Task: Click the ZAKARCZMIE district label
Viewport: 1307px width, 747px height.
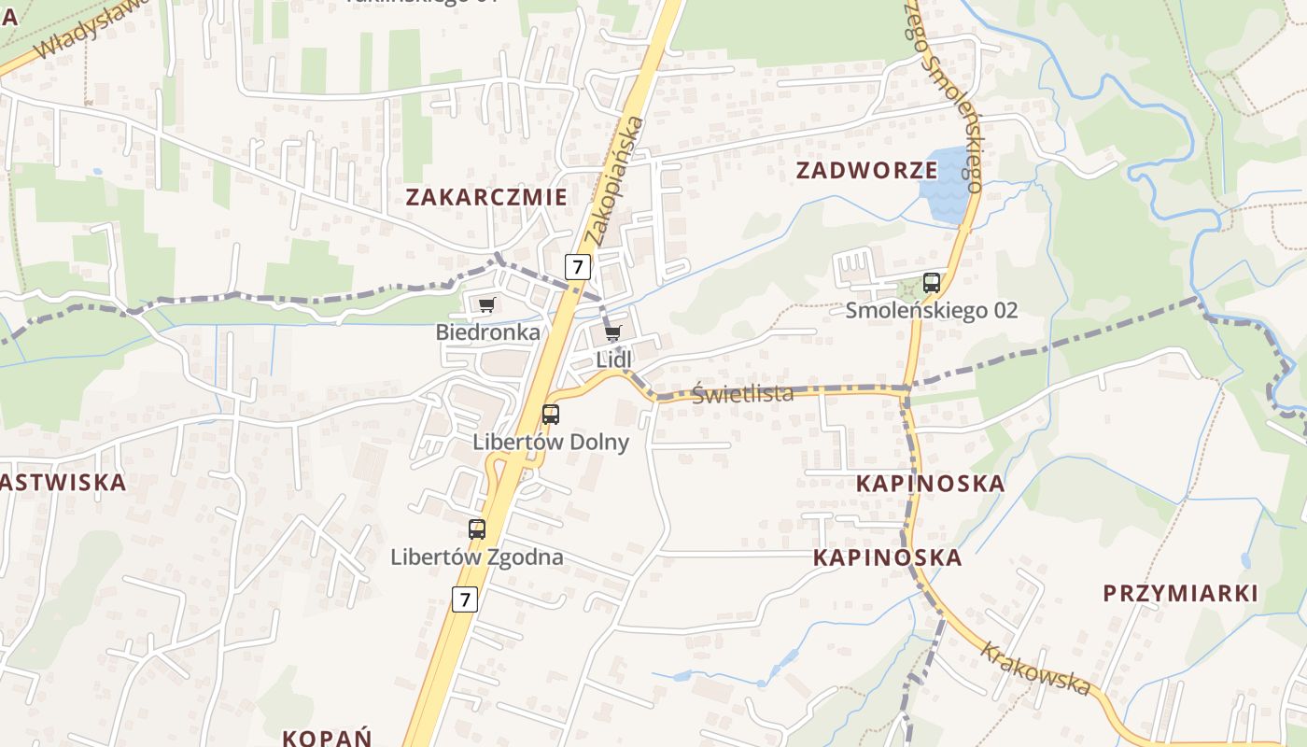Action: tap(485, 197)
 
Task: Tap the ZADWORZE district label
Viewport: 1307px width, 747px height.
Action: tap(866, 170)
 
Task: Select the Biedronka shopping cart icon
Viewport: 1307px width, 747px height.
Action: tap(485, 305)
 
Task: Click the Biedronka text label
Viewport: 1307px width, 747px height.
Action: tap(487, 332)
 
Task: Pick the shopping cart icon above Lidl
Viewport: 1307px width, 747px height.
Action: tap(612, 333)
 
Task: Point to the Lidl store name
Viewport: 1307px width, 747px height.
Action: tap(613, 360)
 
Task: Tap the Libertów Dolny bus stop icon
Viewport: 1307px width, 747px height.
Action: tap(551, 414)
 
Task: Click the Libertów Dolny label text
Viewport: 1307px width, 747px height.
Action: tap(551, 442)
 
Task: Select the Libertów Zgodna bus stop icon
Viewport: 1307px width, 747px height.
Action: tap(477, 529)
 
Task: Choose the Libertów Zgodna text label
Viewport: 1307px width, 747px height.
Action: tap(476, 557)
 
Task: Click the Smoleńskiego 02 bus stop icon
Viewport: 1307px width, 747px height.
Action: tap(931, 282)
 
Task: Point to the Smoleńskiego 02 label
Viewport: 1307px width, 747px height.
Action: tap(931, 310)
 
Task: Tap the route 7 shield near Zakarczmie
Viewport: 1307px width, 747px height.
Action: tap(578, 267)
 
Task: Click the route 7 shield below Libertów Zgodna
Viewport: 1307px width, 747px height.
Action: tap(464, 599)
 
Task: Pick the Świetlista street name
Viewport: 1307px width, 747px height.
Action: tap(742, 394)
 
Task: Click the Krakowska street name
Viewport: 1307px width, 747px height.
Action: tap(1035, 669)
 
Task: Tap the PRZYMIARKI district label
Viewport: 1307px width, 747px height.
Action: tap(1180, 594)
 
